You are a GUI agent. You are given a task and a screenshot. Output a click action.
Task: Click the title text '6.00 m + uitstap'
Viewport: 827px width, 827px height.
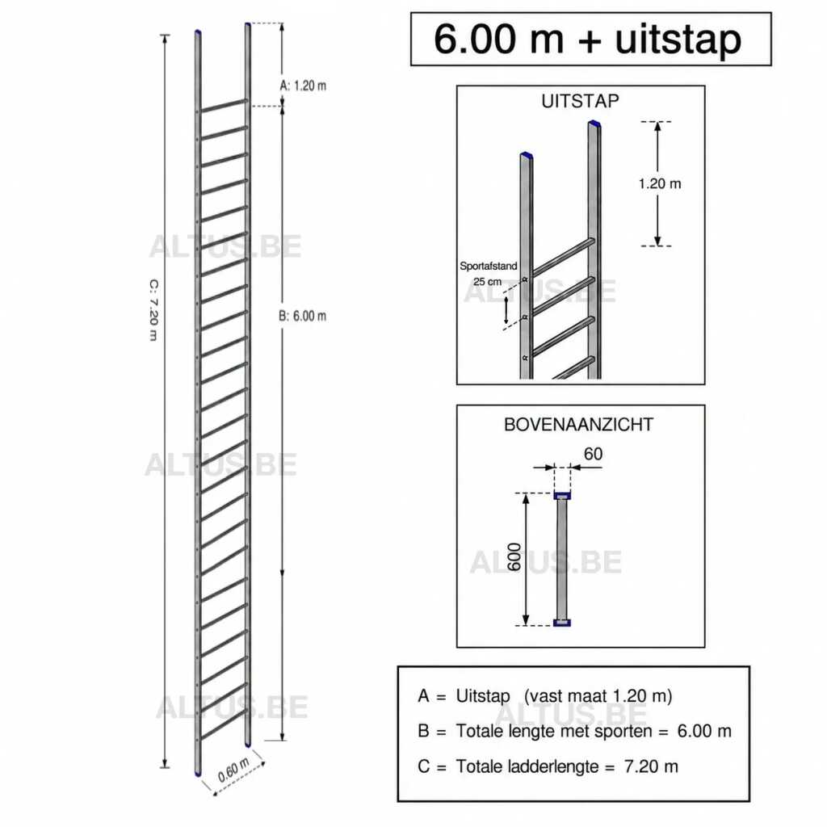pyautogui.click(x=588, y=39)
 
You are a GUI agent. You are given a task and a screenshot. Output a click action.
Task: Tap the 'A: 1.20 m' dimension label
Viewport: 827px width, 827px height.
pyautogui.click(x=303, y=86)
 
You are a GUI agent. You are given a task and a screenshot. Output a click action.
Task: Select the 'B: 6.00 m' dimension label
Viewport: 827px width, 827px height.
pyautogui.click(x=302, y=316)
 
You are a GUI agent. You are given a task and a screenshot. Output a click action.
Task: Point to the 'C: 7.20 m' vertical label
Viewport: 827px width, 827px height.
pyautogui.click(x=153, y=309)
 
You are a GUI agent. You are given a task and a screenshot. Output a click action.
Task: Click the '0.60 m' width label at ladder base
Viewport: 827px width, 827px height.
pyautogui.click(x=233, y=770)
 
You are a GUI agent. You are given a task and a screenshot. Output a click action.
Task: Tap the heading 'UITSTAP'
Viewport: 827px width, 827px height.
pyautogui.click(x=580, y=101)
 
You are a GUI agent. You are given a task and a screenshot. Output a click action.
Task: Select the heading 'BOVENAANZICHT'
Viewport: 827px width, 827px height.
pyautogui.click(x=578, y=425)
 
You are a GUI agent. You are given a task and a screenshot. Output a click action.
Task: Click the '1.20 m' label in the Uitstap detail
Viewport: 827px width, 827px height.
pyautogui.click(x=660, y=183)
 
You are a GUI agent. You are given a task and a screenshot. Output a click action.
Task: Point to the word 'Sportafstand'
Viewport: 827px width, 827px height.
pyautogui.click(x=489, y=267)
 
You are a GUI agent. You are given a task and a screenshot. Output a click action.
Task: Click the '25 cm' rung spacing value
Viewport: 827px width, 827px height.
pyautogui.click(x=487, y=282)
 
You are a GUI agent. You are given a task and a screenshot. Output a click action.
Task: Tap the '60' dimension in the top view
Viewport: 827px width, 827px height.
pyautogui.click(x=593, y=454)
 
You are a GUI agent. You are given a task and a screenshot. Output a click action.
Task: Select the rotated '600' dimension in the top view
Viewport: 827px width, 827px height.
pyautogui.click(x=514, y=557)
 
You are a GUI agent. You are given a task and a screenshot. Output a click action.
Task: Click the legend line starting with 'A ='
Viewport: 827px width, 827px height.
pyautogui.click(x=545, y=695)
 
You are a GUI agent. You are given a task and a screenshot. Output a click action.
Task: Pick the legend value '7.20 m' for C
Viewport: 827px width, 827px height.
pyautogui.click(x=651, y=766)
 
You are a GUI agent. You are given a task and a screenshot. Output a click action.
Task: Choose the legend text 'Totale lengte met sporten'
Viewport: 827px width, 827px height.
pyautogui.click(x=554, y=731)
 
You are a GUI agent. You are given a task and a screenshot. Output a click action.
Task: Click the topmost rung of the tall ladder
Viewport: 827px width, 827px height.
pyautogui.click(x=225, y=105)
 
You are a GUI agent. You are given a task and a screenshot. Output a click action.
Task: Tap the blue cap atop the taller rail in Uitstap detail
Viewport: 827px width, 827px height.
pyautogui.click(x=594, y=124)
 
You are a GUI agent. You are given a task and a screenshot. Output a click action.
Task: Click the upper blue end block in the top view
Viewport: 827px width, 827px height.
pyautogui.click(x=562, y=495)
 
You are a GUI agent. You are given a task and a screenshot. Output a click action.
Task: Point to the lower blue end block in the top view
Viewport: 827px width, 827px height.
pyautogui.click(x=562, y=623)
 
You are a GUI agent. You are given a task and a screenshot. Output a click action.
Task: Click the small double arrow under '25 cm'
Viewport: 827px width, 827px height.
pyautogui.click(x=506, y=310)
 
